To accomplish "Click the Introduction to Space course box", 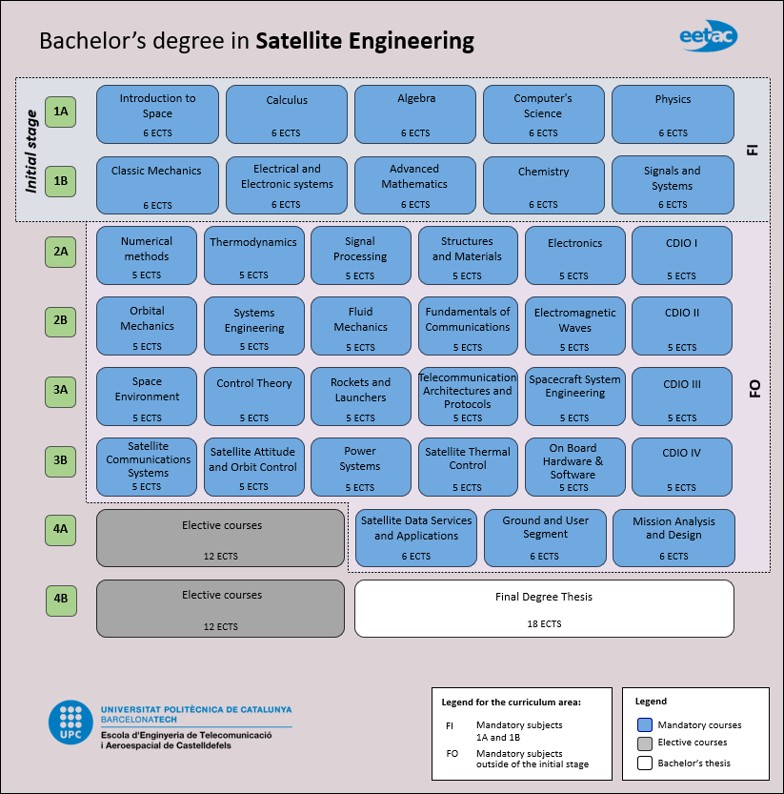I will [x=157, y=113].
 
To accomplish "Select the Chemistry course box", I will [x=543, y=185].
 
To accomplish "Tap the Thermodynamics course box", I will [x=253, y=255].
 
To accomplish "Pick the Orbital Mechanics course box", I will [x=147, y=326].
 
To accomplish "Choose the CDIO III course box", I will [x=681, y=397].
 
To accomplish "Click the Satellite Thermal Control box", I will [x=468, y=467].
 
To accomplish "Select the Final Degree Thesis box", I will [x=544, y=608].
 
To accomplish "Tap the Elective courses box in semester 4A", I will [x=220, y=538].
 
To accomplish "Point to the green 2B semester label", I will [x=60, y=321].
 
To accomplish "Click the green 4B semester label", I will [x=60, y=600].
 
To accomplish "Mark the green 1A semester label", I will [x=60, y=112].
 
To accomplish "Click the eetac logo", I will [x=708, y=36].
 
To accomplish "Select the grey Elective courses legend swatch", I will [x=644, y=743].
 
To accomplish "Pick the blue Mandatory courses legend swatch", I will [x=644, y=724].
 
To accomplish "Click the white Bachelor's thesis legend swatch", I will [x=644, y=763].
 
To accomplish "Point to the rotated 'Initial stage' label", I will [x=31, y=152].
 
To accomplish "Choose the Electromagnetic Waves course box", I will [x=574, y=326].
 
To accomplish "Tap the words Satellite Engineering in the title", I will [x=365, y=42].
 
